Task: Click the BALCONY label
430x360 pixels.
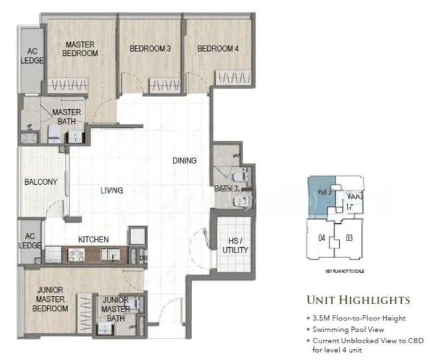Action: [x=40, y=182]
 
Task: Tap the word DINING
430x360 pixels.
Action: [x=184, y=160]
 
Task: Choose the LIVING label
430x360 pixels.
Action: [x=112, y=190]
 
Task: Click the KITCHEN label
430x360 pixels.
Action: [x=93, y=239]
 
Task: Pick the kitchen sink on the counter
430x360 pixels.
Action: [x=112, y=256]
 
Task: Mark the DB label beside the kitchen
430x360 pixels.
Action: [x=142, y=259]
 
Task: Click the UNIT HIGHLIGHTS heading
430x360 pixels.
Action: [x=357, y=300]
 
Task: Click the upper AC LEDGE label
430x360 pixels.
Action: [x=30, y=55]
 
